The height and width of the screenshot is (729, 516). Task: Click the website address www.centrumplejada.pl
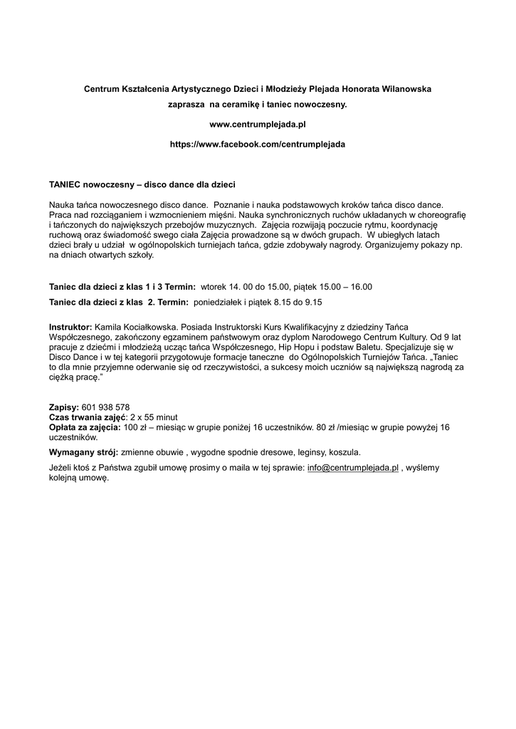click(258, 124)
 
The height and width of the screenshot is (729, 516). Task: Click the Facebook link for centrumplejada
click(258, 144)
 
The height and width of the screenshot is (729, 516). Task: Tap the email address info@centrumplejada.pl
click(353, 468)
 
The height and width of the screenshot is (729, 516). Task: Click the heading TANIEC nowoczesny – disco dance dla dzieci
click(142, 184)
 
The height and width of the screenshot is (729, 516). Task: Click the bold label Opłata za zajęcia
click(85, 426)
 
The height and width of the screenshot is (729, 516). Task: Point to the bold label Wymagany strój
click(83, 451)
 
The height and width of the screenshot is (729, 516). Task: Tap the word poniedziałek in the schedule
click(218, 302)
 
